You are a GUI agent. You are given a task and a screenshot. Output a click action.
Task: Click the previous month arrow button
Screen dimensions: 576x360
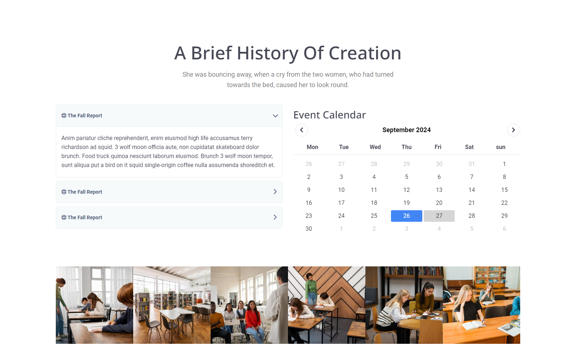pyautogui.click(x=302, y=130)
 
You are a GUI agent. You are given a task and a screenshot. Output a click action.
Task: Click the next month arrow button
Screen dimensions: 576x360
pyautogui.click(x=513, y=130)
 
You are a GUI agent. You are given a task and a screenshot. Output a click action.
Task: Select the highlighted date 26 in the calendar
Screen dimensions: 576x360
pyautogui.click(x=406, y=216)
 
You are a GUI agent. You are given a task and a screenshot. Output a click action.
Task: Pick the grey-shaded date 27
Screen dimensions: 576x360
pyautogui.click(x=439, y=216)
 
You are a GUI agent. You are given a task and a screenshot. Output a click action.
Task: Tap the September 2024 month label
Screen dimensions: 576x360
pyautogui.click(x=406, y=130)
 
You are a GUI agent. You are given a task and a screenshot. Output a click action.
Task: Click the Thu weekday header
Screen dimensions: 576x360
pyautogui.click(x=406, y=147)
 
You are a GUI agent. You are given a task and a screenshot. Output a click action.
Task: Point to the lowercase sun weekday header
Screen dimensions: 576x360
pyautogui.click(x=501, y=147)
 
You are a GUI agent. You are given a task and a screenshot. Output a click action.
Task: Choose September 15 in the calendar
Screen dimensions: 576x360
pyautogui.click(x=504, y=190)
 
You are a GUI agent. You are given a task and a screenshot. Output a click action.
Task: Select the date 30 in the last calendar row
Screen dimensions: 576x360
pyautogui.click(x=309, y=229)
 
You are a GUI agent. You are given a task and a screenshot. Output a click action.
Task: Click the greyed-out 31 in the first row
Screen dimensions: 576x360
pyautogui.click(x=472, y=164)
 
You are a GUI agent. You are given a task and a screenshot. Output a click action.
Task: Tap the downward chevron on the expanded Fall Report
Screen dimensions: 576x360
pyautogui.click(x=275, y=116)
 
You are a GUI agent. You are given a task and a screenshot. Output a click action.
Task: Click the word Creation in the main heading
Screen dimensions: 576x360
pyautogui.click(x=365, y=53)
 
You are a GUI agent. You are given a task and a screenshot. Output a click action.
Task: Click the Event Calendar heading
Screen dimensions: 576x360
pyautogui.click(x=329, y=115)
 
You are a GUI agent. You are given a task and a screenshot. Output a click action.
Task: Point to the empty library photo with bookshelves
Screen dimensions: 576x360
pyautogui.click(x=172, y=305)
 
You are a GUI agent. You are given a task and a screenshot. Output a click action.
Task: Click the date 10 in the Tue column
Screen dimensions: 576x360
pyautogui.click(x=341, y=190)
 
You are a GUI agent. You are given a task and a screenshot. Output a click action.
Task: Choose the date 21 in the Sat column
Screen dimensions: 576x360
pyautogui.click(x=472, y=203)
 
